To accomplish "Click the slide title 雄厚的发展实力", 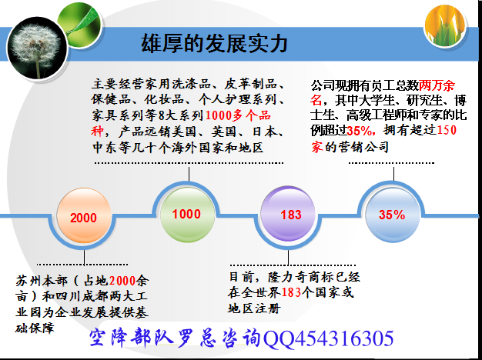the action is [x=214, y=43].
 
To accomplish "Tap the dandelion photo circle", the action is [x=37, y=48].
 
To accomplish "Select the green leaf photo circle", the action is [x=79, y=24].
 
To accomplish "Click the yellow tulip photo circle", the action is [x=445, y=26].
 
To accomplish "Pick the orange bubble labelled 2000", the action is [x=84, y=215].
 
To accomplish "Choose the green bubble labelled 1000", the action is [x=187, y=214].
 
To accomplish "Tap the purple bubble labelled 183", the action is [x=288, y=214].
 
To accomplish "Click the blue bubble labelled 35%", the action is [x=393, y=215].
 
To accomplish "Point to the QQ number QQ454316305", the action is [x=329, y=338].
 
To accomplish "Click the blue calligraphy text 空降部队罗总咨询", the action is [x=176, y=338].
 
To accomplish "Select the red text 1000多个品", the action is [x=238, y=115].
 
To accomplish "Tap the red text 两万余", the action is [x=437, y=85].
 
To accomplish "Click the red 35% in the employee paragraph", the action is [x=360, y=132].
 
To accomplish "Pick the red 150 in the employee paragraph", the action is [x=447, y=130].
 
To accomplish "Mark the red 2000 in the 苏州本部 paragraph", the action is [x=122, y=281].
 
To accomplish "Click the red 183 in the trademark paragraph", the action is [x=291, y=292].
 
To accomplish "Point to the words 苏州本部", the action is [x=41, y=281].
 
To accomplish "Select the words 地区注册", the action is [x=254, y=308].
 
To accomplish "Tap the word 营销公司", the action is [x=363, y=147].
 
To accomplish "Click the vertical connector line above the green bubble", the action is [x=189, y=174].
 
